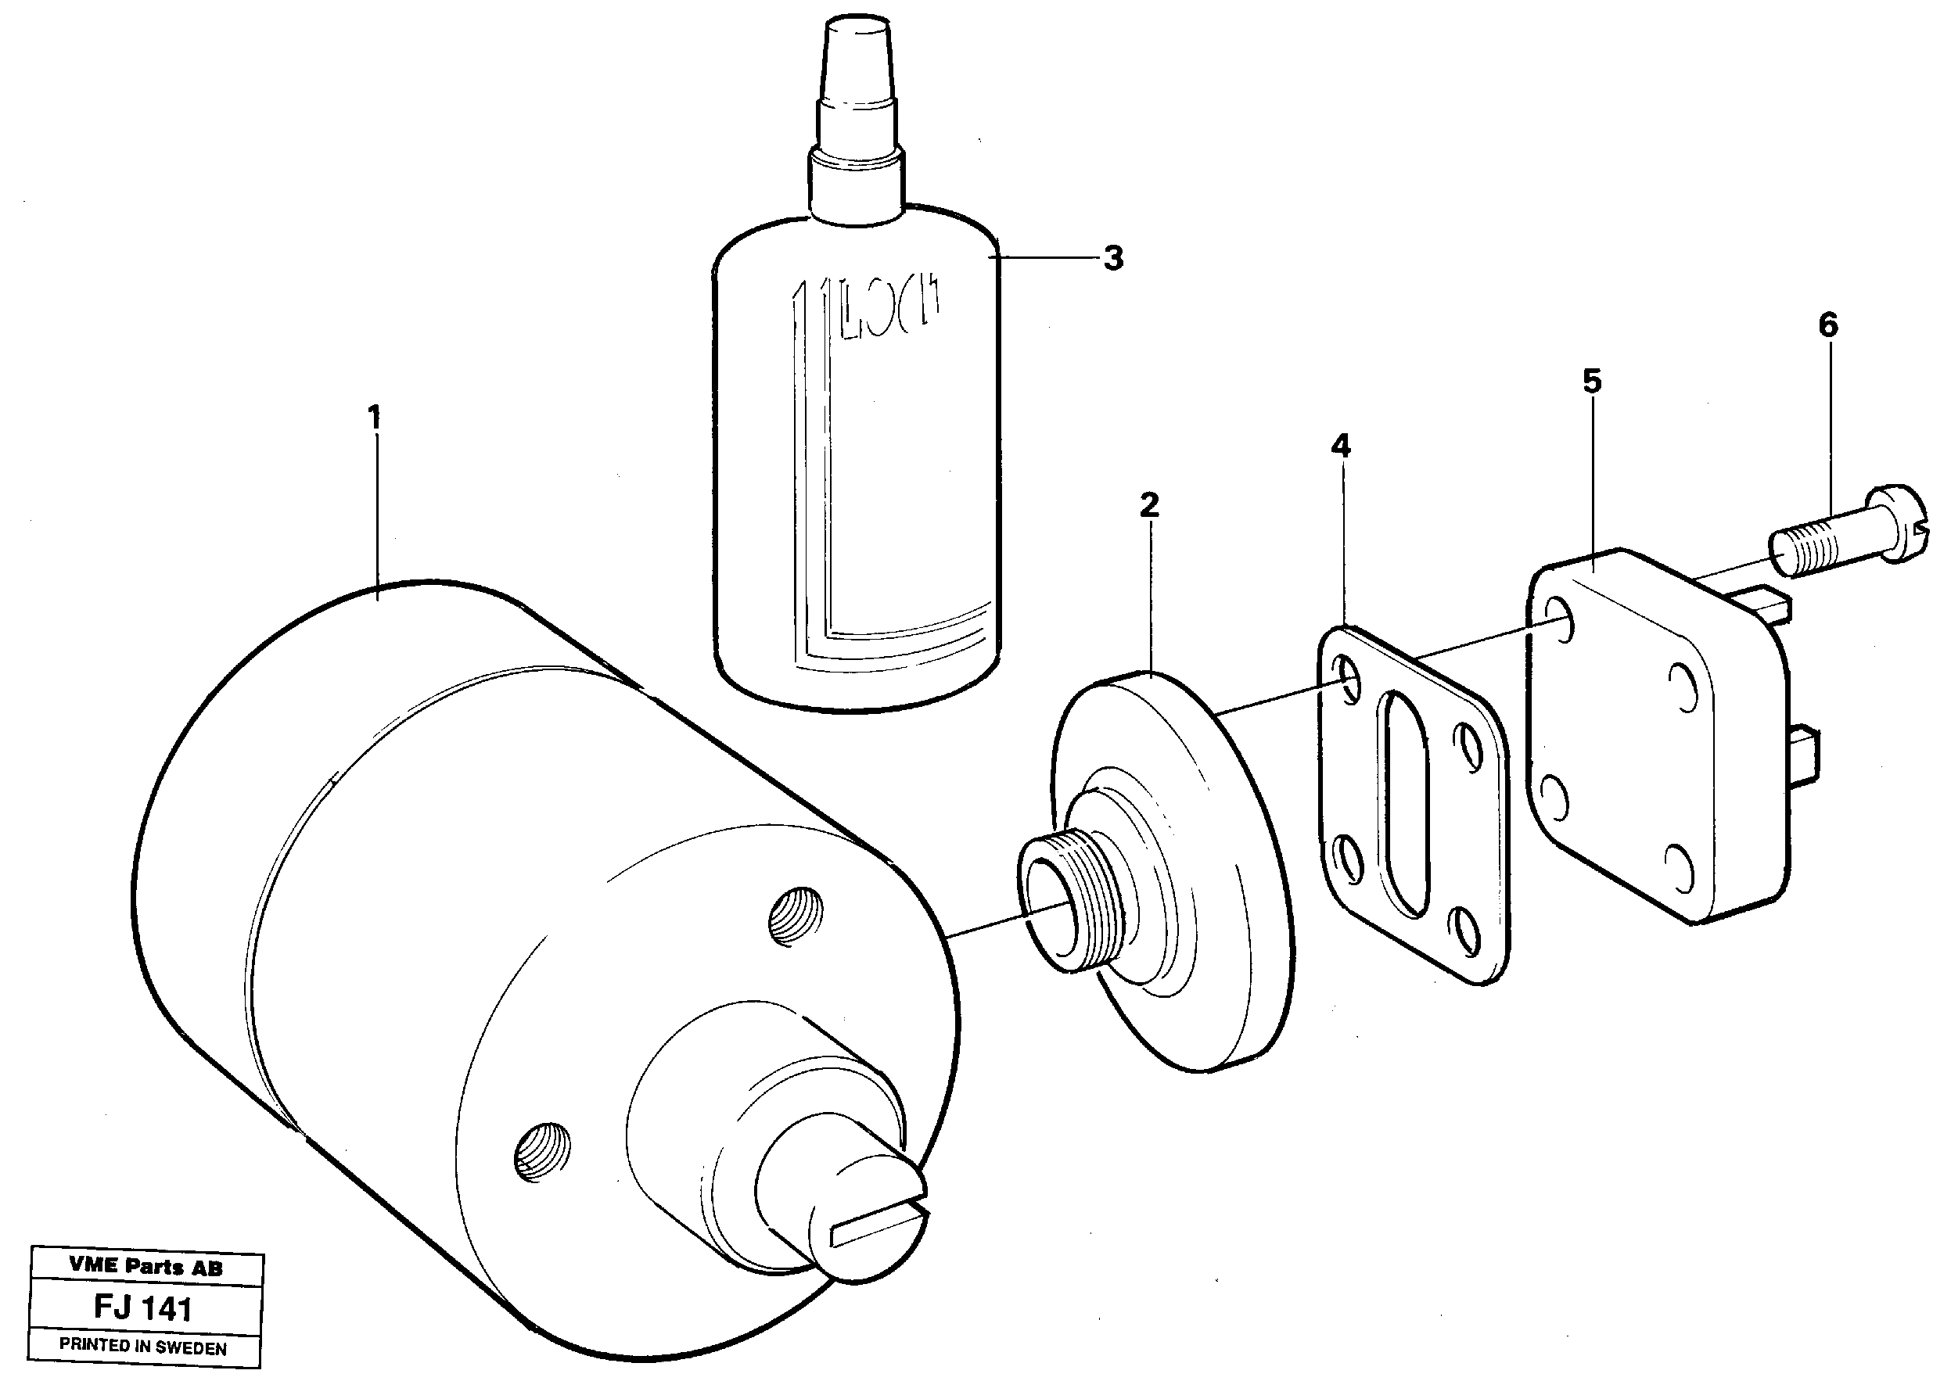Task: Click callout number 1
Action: (x=373, y=418)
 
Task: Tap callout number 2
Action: (x=1149, y=506)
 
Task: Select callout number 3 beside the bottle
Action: (x=1113, y=257)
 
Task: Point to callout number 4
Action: (x=1340, y=446)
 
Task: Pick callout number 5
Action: (x=1592, y=381)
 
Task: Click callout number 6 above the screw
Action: (x=1827, y=325)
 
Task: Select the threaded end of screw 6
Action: (x=1797, y=554)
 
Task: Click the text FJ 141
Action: (x=143, y=1307)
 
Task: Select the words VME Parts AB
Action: (x=146, y=1267)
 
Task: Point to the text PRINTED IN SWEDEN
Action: (x=143, y=1347)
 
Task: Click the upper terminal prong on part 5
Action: (x=1770, y=603)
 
